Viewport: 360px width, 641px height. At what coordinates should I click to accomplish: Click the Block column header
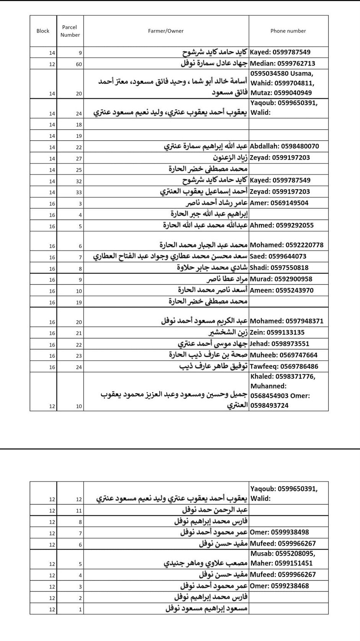tap(43, 31)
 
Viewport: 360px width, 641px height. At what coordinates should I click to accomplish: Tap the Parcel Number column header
tap(70, 31)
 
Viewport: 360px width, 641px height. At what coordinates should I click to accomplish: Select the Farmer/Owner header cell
tap(166, 31)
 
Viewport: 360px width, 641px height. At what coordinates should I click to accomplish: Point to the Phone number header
tap(288, 31)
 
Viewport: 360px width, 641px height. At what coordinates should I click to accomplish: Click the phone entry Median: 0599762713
tap(283, 64)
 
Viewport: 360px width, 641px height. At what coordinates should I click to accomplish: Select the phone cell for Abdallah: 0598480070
tap(284, 146)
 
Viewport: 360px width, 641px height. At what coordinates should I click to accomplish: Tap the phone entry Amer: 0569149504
tap(279, 203)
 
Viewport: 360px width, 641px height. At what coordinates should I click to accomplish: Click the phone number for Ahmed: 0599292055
tap(281, 226)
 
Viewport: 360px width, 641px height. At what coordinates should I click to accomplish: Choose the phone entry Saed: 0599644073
tap(278, 257)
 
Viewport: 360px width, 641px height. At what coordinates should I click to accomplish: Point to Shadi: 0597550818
tap(279, 268)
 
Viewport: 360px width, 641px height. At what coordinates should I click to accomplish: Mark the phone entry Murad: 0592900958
tap(281, 279)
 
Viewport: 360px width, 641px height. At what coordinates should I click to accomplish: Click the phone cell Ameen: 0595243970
tap(281, 290)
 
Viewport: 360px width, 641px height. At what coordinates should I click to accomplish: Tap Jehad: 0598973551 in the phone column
tap(279, 344)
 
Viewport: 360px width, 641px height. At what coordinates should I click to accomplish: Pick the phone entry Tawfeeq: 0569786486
tap(284, 366)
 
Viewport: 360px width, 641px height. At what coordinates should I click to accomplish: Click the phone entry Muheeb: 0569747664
tap(283, 355)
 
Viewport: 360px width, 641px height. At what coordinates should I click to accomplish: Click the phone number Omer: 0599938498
tap(279, 532)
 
